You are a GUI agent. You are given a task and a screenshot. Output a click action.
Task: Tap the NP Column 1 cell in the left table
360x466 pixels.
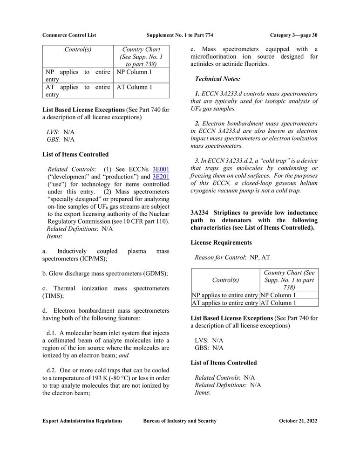pyautogui.click(x=134, y=72)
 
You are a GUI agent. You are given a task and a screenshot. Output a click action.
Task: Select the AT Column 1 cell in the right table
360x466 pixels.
pyautogui.click(x=278, y=303)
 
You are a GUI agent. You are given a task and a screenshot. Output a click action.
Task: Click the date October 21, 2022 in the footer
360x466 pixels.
pyautogui.click(x=298, y=421)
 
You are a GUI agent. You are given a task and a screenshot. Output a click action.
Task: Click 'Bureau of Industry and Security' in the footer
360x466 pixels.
pyautogui.click(x=180, y=421)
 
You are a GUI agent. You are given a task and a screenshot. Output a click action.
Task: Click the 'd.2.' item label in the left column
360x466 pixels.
pyautogui.click(x=52, y=370)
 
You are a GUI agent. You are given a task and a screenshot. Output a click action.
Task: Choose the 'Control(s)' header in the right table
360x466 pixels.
pyautogui.click(x=225, y=280)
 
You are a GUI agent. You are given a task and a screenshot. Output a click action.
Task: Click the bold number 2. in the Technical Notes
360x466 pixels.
pyautogui.click(x=197, y=123)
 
